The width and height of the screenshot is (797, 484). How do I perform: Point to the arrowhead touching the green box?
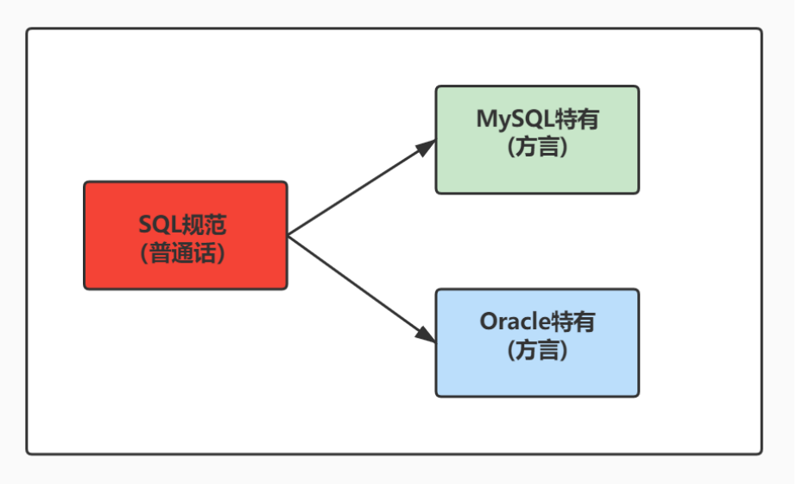tap(426, 146)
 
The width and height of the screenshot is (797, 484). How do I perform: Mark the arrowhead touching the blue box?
tap(426, 334)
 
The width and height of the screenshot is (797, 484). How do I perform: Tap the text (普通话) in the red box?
tap(184, 252)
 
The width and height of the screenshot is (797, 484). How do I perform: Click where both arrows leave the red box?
tap(288, 235)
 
